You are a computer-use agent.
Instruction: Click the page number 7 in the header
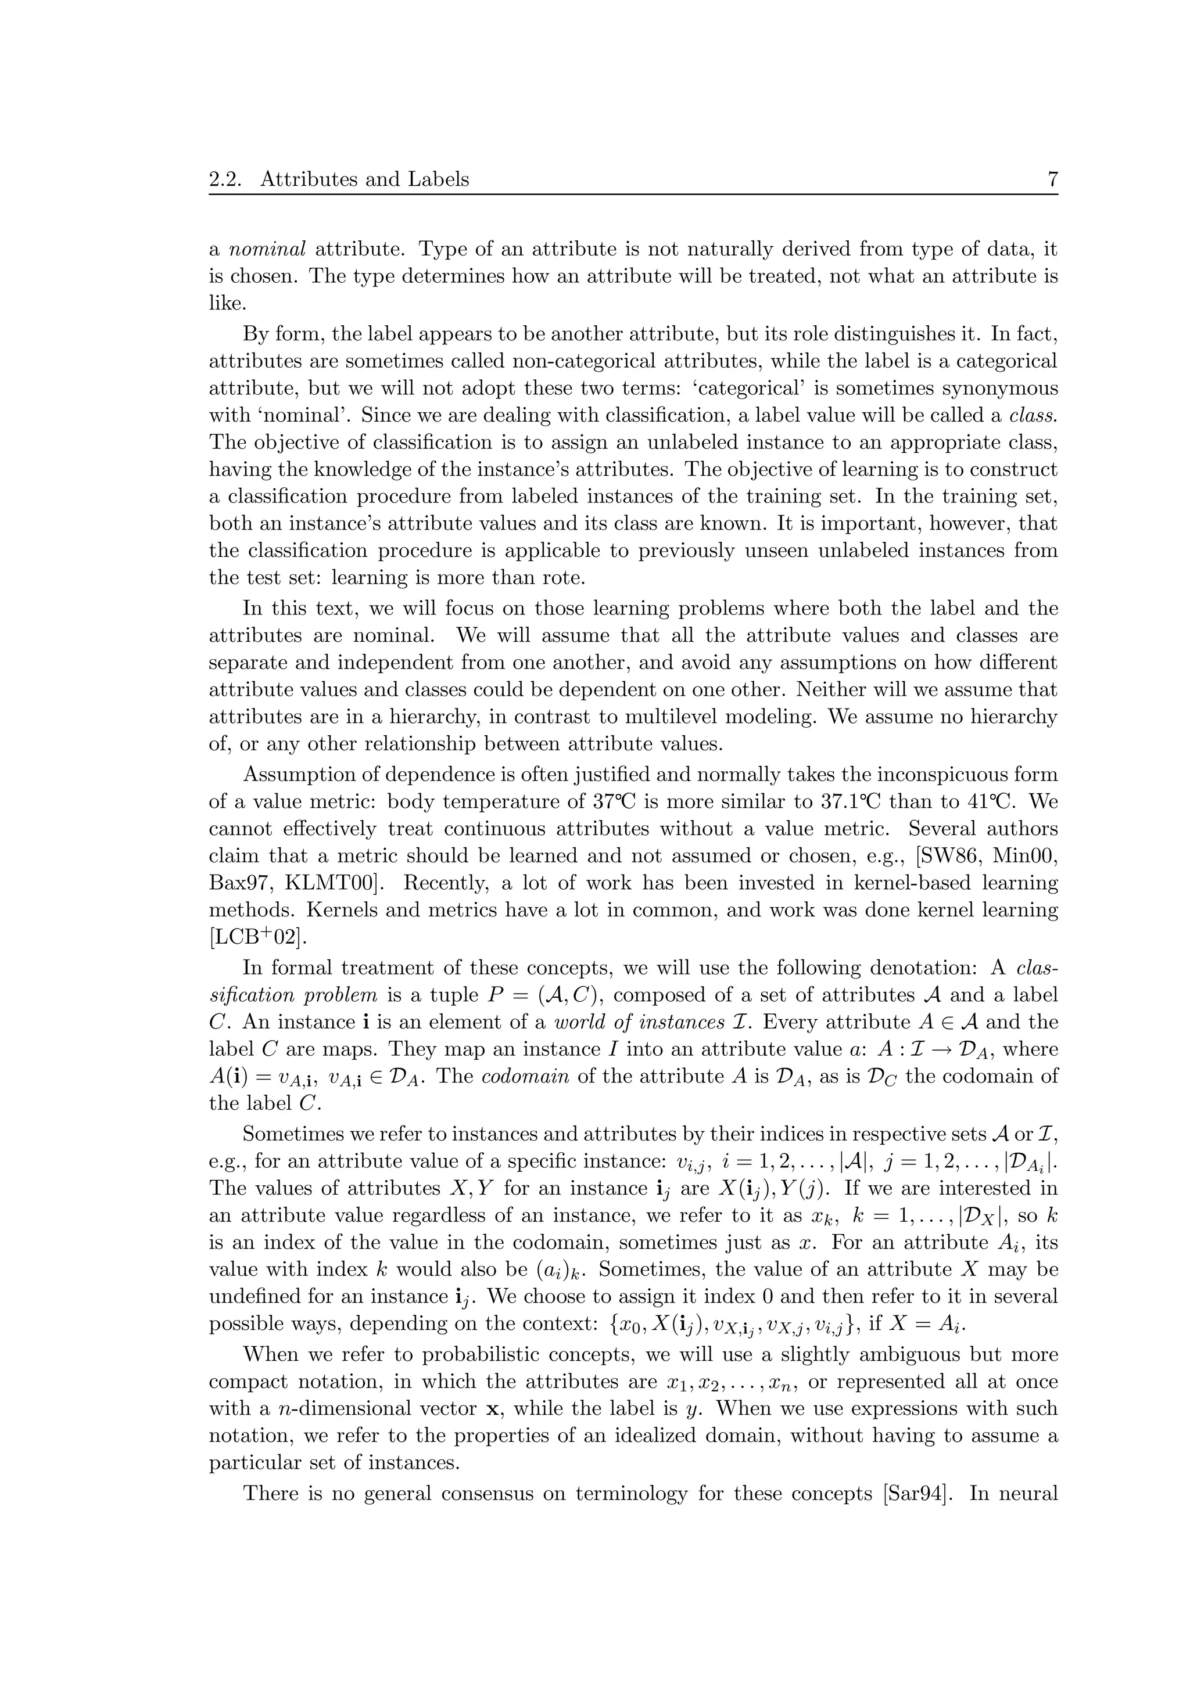pos(1052,179)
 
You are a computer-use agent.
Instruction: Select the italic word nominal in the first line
pos(268,249)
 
